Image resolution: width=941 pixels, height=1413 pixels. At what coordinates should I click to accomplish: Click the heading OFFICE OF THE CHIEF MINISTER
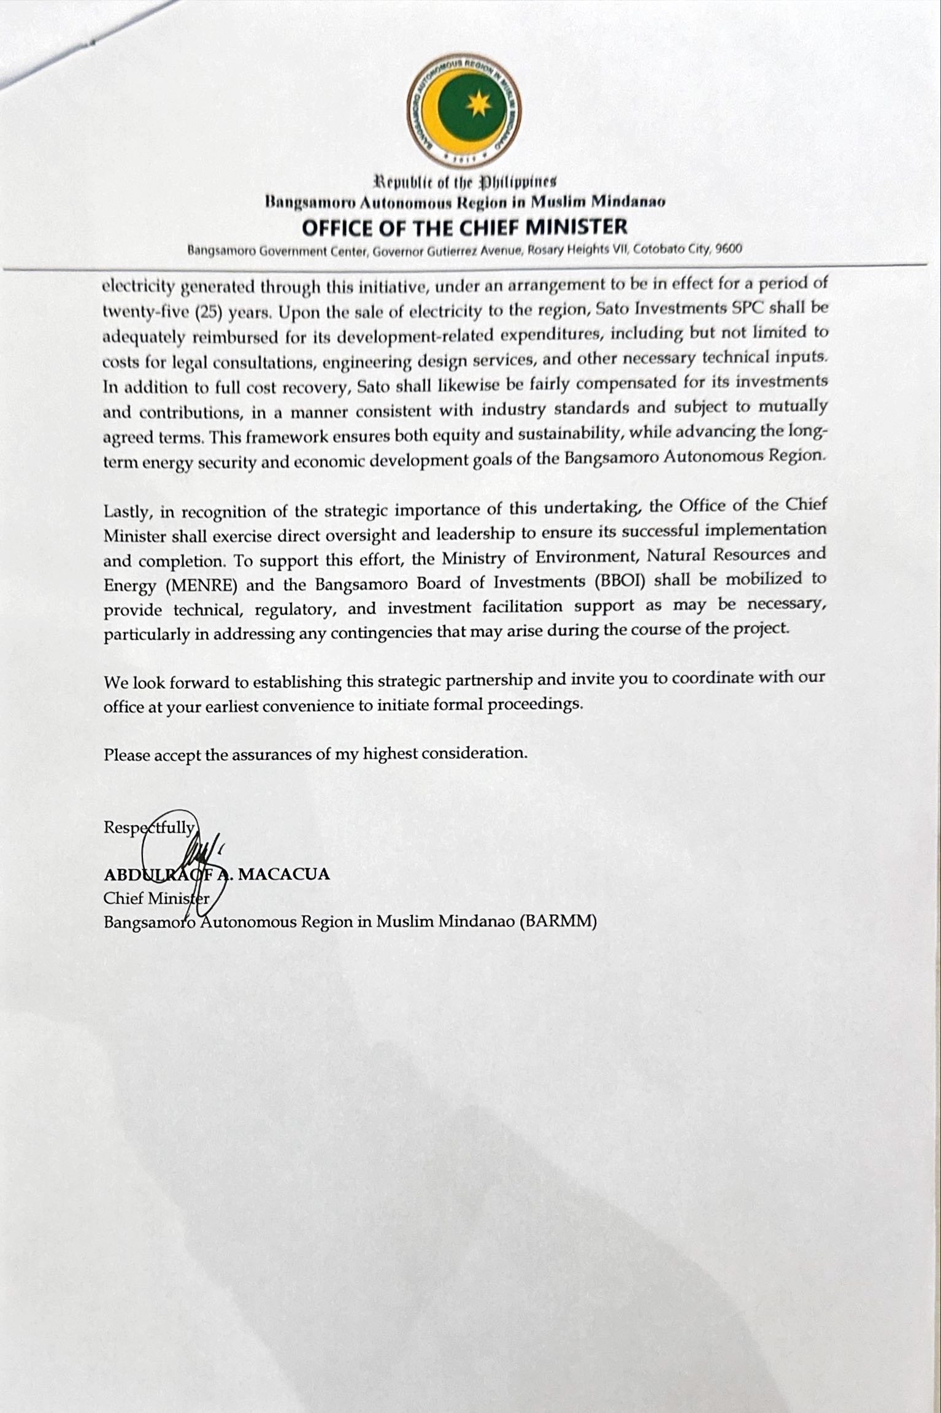coord(464,228)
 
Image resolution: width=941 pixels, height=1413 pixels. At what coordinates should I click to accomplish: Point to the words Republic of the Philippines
coord(465,182)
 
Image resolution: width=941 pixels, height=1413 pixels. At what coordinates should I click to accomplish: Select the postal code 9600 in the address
coord(728,249)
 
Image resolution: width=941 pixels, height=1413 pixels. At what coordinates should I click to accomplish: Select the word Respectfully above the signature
coord(149,828)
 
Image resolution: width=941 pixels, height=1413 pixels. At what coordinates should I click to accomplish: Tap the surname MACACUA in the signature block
coord(284,874)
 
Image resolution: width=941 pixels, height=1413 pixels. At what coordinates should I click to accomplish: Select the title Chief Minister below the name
coord(156,898)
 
